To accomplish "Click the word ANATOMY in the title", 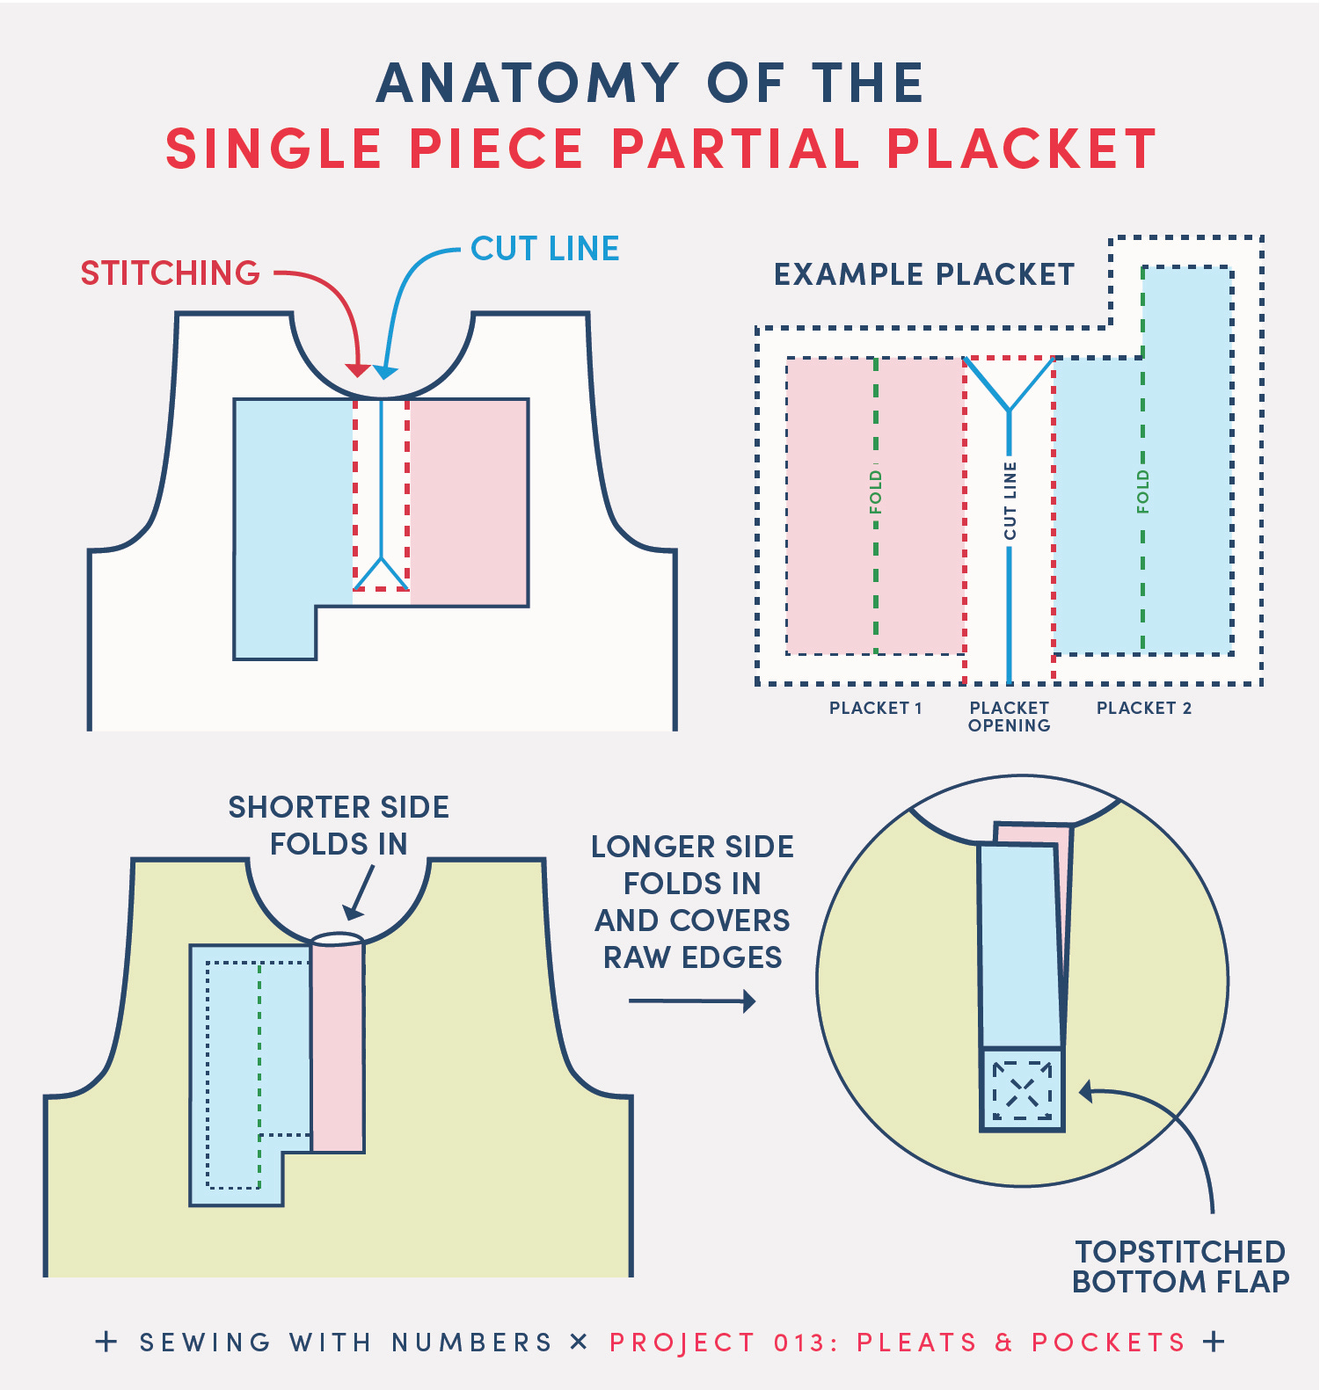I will coord(528,84).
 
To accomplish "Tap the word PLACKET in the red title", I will coord(1021,149).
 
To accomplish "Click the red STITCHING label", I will coord(171,273).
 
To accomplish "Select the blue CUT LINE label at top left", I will coord(545,249).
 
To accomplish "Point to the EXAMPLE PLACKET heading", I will coord(924,275).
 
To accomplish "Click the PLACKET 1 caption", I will coord(875,709).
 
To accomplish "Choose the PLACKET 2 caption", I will coord(1143,709).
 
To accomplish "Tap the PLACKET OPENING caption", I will coord(1009,717).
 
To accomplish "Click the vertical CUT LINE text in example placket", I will coord(1010,501).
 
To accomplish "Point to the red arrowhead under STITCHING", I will coord(356,369).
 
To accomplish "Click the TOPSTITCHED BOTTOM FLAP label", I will coord(1180,1267).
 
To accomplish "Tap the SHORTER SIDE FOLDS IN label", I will coord(339,826).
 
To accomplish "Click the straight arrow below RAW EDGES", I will coord(692,1001).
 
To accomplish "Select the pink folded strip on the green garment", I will coord(338,1046).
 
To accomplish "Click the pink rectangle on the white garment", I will coord(469,502).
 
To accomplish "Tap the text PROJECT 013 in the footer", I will coord(718,1343).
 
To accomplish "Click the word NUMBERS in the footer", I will coord(471,1343).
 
